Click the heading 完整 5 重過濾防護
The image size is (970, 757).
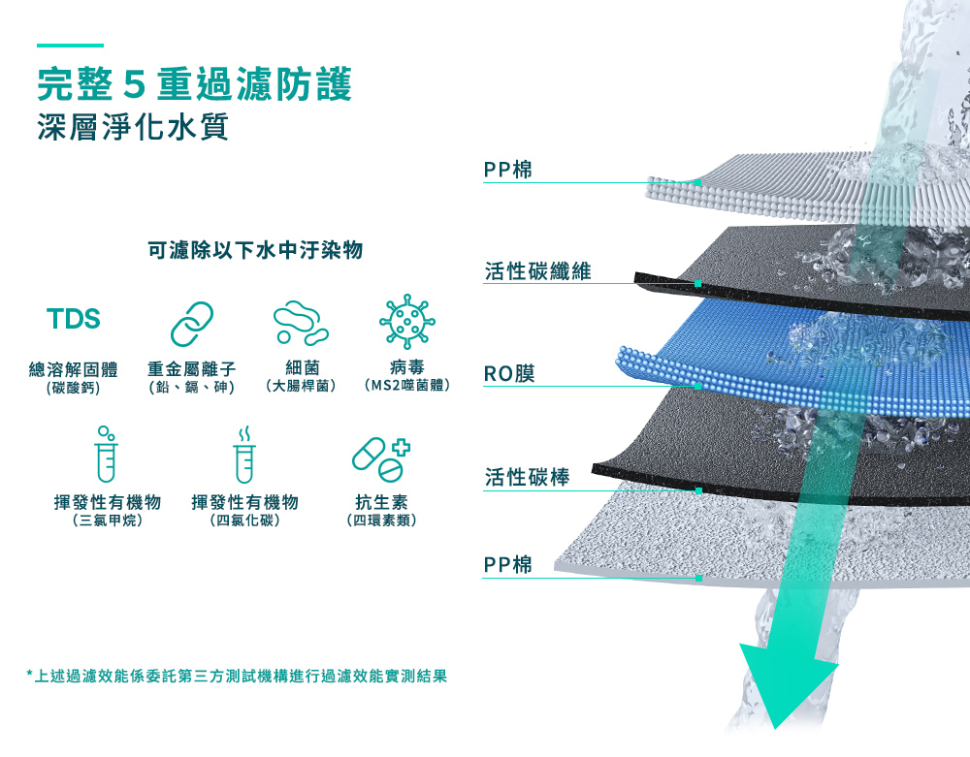(194, 84)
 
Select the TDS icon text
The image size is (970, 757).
(73, 319)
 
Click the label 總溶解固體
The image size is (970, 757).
(73, 368)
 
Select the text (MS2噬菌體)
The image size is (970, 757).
(406, 386)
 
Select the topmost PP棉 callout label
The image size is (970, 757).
(508, 171)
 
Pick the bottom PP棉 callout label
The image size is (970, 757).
(508, 564)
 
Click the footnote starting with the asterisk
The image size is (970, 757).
(238, 675)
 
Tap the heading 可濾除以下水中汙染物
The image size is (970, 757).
(255, 251)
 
